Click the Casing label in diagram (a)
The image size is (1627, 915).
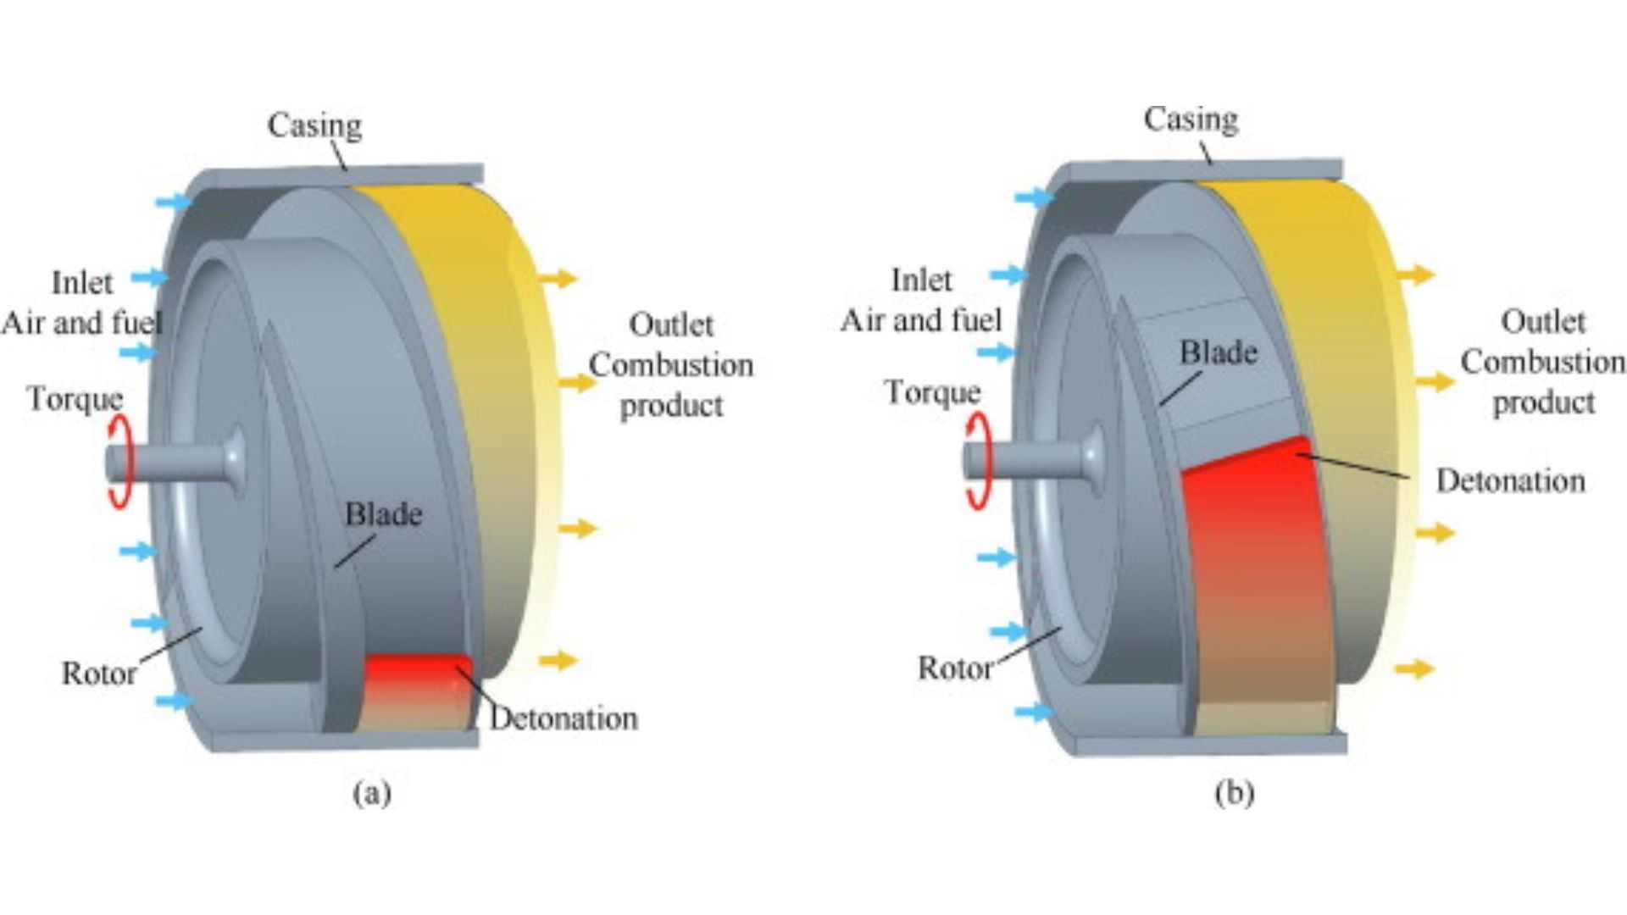point(314,125)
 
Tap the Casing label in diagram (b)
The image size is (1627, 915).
point(1190,119)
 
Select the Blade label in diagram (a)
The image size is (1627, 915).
point(383,514)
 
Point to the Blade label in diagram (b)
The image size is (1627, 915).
point(1218,352)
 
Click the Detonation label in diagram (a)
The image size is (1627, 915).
point(564,718)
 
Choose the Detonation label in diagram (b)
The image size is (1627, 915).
point(1510,481)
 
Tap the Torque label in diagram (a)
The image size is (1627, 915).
point(75,399)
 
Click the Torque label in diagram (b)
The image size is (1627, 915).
point(932,392)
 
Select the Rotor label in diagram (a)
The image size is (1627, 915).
point(98,674)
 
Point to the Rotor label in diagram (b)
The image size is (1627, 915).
point(955,668)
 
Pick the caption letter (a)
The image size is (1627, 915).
point(372,794)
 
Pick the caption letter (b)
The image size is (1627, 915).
point(1234,794)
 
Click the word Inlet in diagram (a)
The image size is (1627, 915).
point(81,283)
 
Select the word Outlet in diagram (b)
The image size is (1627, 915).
point(1542,322)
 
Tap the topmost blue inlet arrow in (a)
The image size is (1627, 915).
point(174,202)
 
